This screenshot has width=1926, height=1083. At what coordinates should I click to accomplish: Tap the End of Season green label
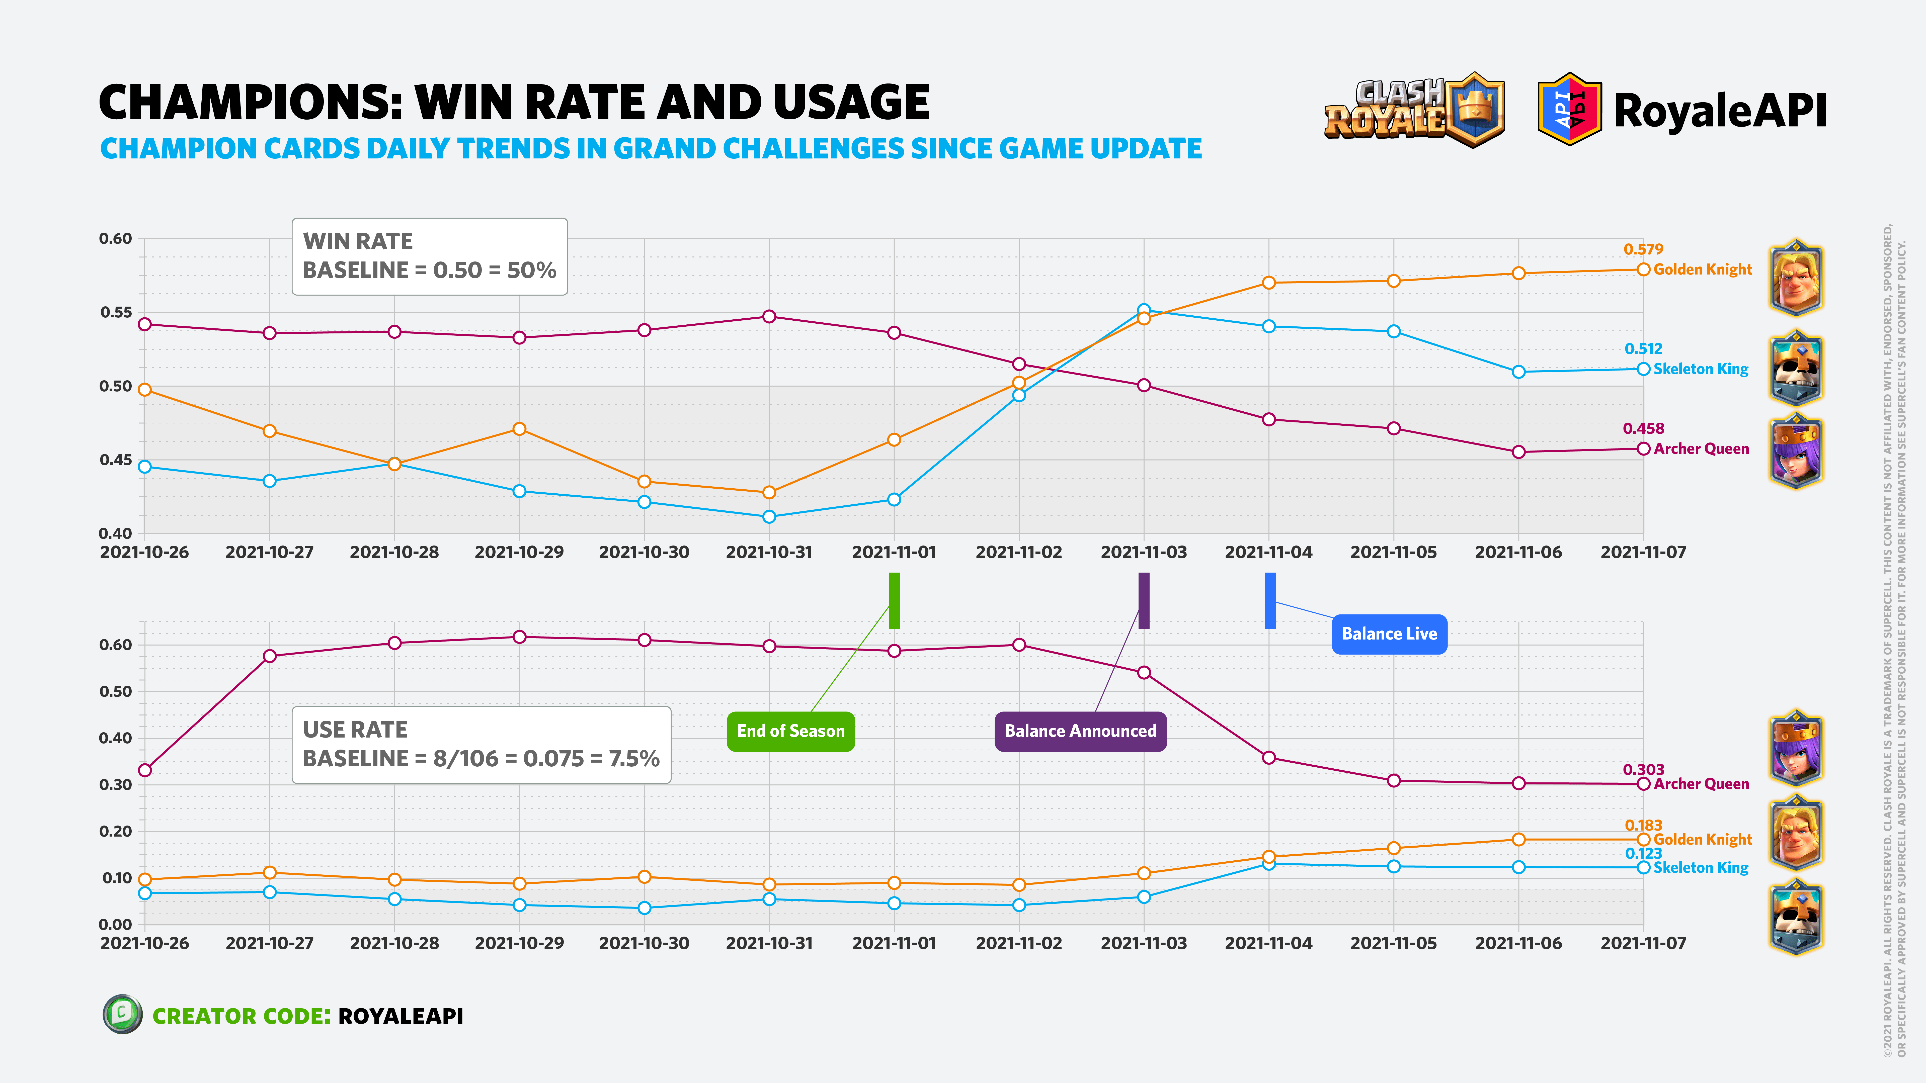[x=790, y=731]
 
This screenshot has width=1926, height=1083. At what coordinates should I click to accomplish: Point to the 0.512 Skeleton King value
[x=1643, y=349]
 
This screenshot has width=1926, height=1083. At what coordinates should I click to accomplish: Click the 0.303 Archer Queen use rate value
[x=1643, y=770]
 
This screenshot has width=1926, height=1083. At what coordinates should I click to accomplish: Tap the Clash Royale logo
[x=1413, y=111]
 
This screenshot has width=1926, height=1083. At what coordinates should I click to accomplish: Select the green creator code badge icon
[x=122, y=1014]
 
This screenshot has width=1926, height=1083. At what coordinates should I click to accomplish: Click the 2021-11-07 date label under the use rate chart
[x=1643, y=943]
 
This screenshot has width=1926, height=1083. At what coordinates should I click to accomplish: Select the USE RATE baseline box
[x=481, y=744]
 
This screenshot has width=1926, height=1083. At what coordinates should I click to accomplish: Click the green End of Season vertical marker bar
[x=894, y=600]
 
